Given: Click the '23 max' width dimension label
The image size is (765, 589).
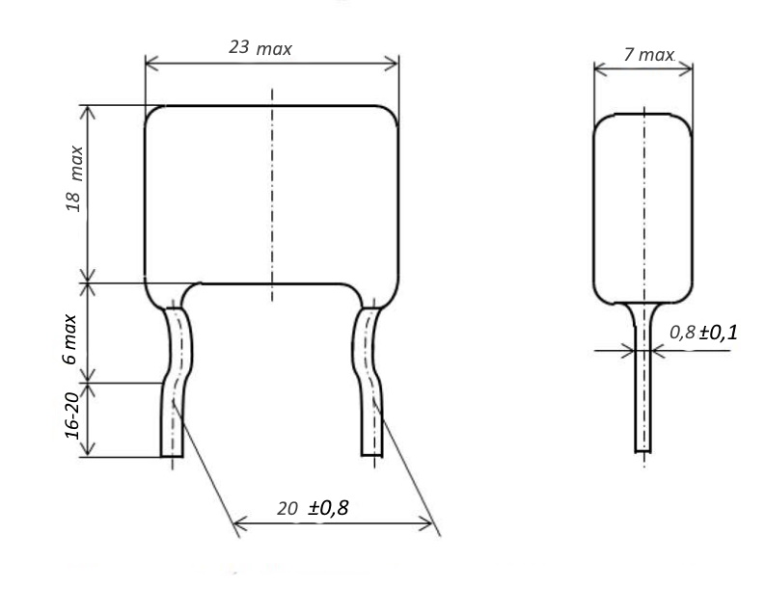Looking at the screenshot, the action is coord(260,48).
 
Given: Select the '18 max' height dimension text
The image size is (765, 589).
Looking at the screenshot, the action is coord(74,178).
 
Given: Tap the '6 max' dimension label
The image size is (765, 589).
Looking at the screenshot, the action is coord(69,339).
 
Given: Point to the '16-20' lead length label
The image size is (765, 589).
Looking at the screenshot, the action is coord(71,415).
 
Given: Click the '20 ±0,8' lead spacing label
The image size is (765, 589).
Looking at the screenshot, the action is coord(313,508).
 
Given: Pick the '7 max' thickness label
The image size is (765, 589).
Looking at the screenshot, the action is coord(649,55).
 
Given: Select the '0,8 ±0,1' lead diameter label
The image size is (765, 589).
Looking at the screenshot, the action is coord(703,333).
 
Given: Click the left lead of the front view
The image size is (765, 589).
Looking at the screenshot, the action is coord(176,383).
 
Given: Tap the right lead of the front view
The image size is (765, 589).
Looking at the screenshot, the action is coord(368,383).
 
